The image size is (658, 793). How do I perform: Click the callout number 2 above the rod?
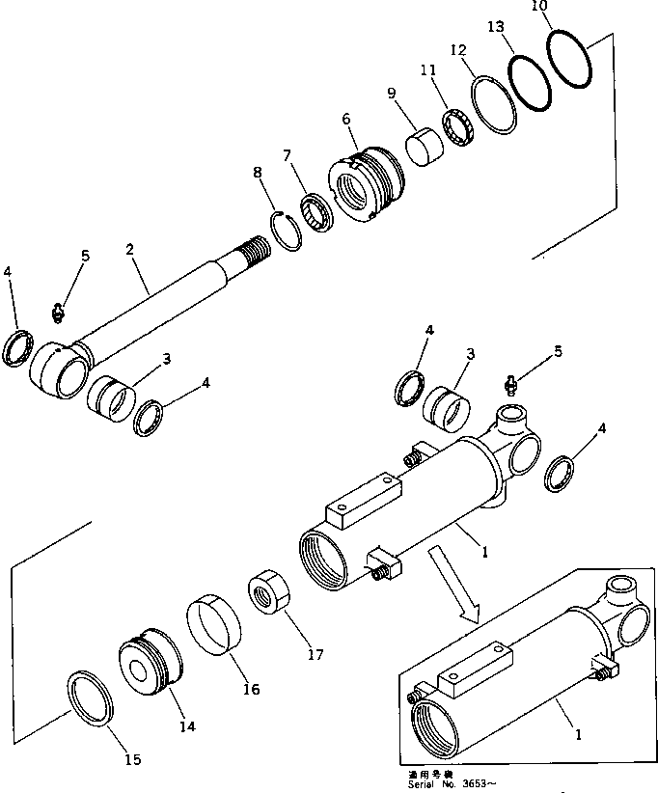pos(129,248)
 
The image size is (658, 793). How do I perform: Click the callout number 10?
pos(539,6)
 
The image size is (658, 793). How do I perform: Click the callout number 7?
pos(287,154)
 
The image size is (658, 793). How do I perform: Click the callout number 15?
pos(132,760)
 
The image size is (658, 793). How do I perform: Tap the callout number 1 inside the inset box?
pos(577,733)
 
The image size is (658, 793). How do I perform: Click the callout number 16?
pos(251,689)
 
